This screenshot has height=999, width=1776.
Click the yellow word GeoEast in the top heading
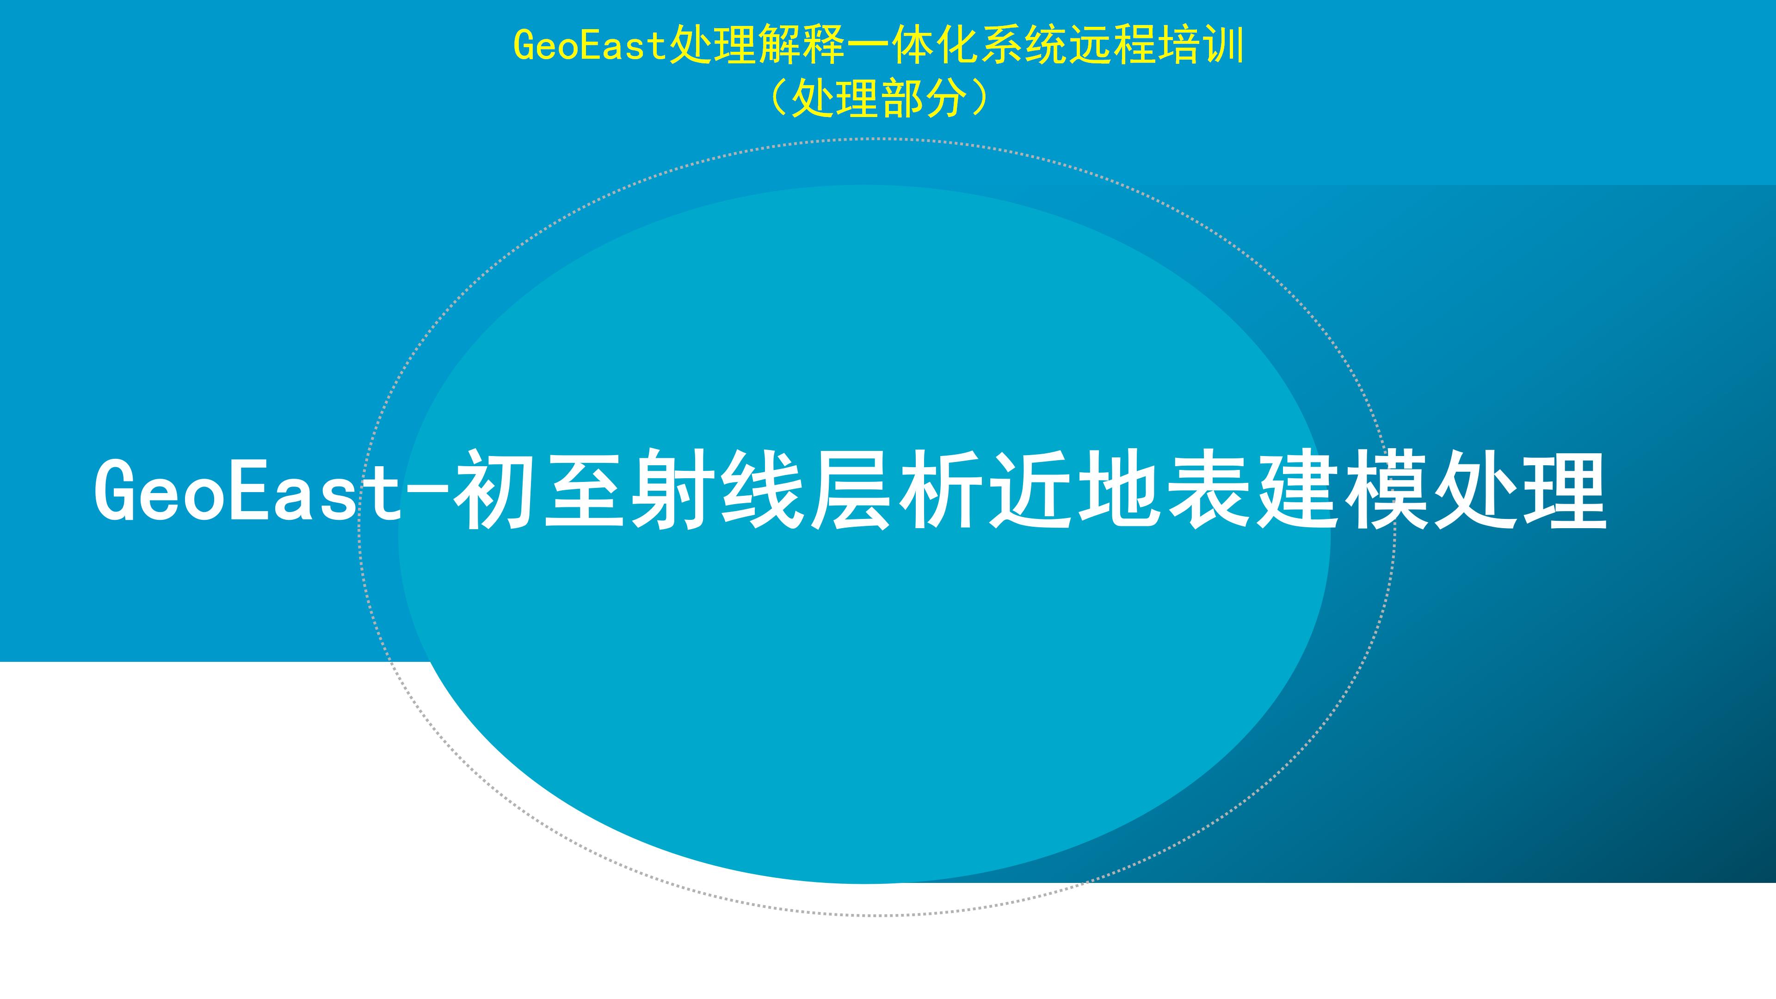pyautogui.click(x=590, y=45)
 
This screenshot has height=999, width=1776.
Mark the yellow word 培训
pyautogui.click(x=1201, y=45)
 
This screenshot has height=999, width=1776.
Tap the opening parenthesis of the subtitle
pyautogui.click(x=777, y=99)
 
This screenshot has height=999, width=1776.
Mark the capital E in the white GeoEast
pyautogui.click(x=247, y=489)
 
